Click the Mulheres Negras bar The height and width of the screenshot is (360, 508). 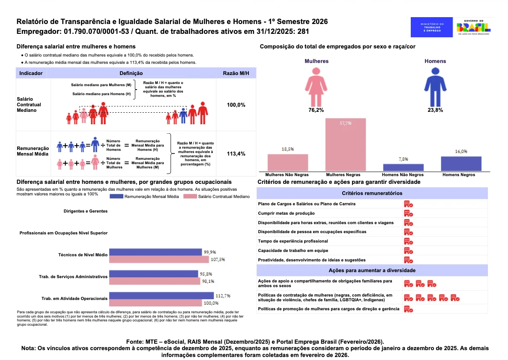(345, 144)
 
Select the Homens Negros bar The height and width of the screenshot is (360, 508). (461, 164)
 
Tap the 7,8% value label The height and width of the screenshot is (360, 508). (403, 159)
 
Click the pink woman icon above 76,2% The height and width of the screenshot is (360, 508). (316, 87)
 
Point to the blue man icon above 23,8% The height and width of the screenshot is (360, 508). (435, 87)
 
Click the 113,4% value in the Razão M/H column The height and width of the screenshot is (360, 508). (236, 153)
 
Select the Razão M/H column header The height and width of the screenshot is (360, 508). (236, 73)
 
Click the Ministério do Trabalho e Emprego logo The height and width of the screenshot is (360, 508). (431, 27)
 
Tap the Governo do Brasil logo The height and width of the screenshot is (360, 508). (474, 27)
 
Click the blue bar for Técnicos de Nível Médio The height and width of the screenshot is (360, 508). (155, 252)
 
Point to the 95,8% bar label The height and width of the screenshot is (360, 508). (206, 274)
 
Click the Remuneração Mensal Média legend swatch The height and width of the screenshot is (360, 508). (117, 196)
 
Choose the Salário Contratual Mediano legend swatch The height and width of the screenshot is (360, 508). (190, 196)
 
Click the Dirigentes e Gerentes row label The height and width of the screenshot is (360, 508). (86, 211)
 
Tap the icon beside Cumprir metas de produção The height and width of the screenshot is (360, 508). (408, 213)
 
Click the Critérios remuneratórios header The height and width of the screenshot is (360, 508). (372, 193)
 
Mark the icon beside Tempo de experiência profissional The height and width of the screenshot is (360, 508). (408, 241)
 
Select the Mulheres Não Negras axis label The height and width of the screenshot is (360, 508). (287, 175)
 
